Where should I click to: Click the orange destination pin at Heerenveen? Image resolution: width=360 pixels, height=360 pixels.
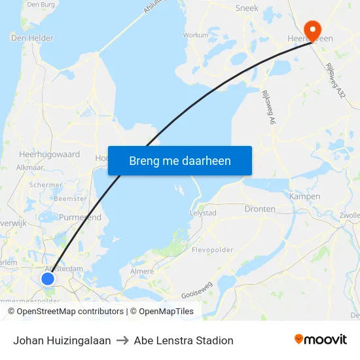313,28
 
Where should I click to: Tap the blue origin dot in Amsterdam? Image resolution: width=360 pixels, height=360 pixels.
48,279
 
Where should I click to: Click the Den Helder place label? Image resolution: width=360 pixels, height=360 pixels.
32,38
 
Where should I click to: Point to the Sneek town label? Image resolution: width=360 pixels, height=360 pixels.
247,9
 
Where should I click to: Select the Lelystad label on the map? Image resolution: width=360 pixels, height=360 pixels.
202,213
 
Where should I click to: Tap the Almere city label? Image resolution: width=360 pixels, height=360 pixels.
142,271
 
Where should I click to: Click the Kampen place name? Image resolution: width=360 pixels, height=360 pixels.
304,196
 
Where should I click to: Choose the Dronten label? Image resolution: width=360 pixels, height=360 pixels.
260,209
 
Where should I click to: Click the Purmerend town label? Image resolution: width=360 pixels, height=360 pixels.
80,217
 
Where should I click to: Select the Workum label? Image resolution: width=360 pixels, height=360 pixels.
196,35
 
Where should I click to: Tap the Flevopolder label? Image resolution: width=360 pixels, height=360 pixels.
213,250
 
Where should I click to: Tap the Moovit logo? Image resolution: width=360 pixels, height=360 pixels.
321,340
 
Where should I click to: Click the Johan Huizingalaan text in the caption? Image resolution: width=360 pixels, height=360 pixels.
62,340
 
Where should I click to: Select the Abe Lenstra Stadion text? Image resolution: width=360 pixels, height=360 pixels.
183,340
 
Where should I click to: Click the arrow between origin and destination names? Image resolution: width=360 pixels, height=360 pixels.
122,340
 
